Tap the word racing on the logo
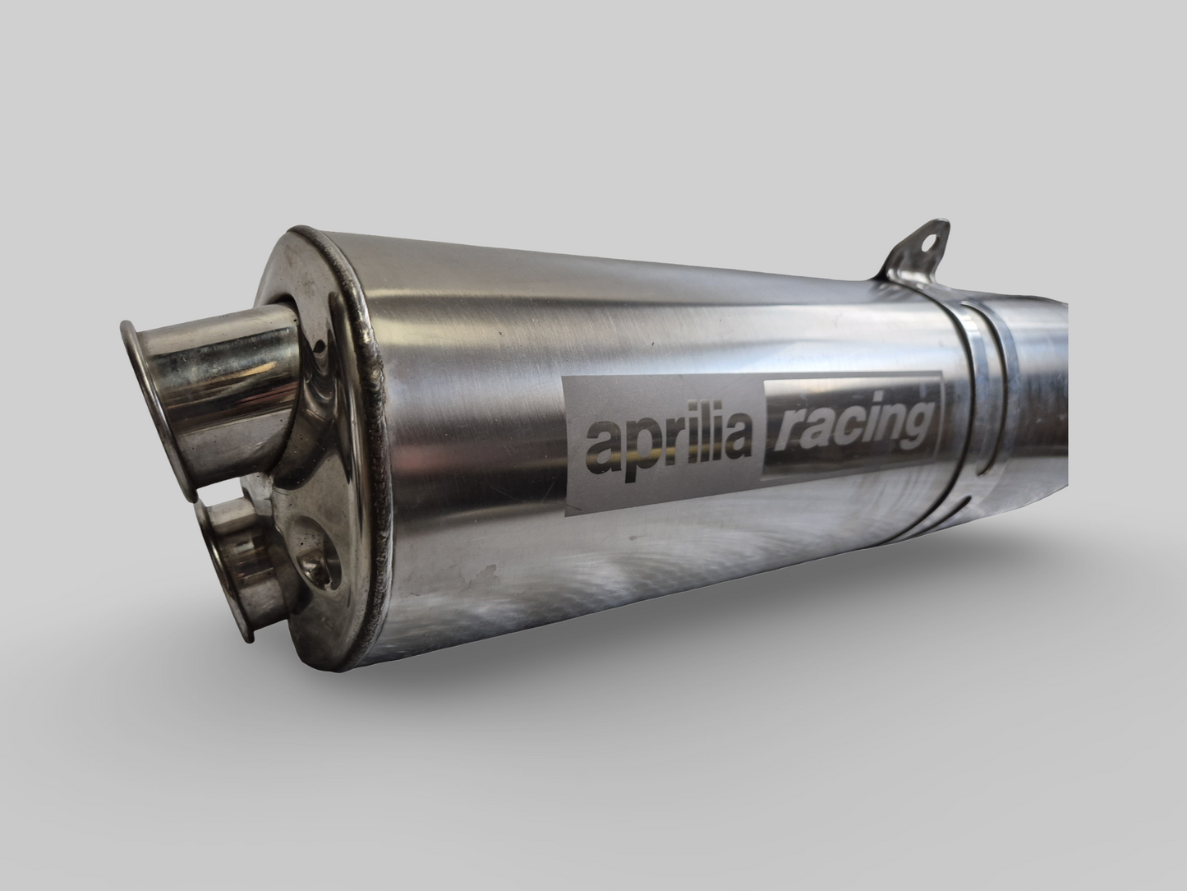tap(850, 425)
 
